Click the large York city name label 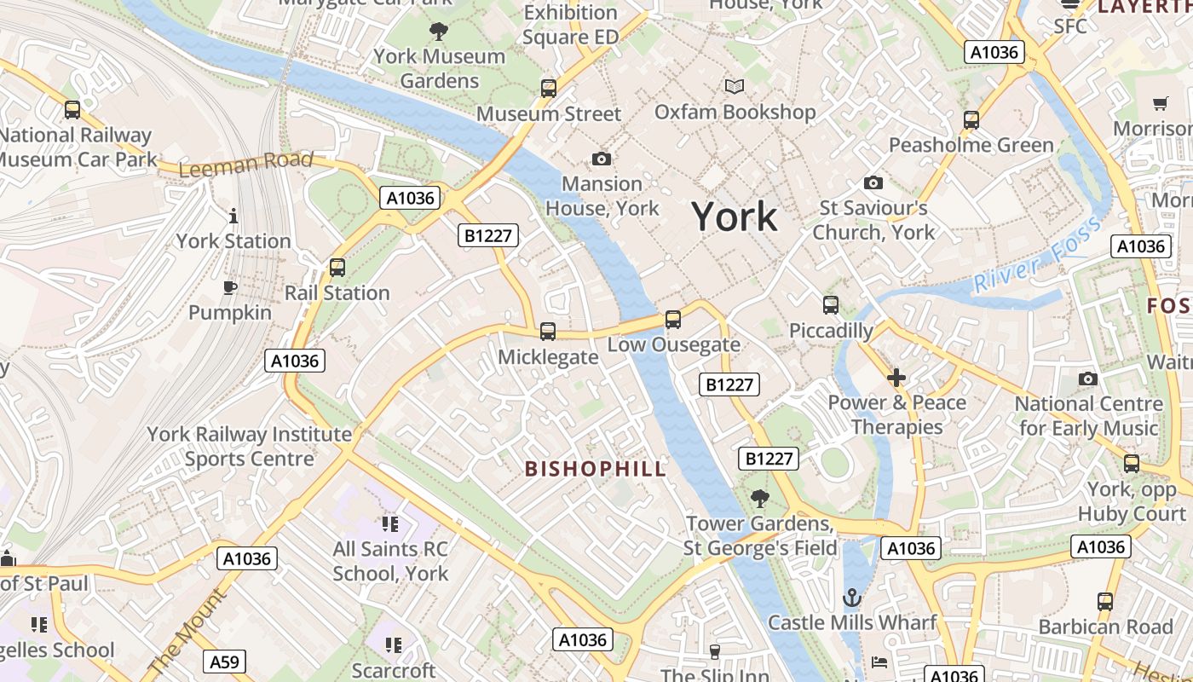[x=734, y=217]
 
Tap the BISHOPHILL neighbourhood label [x=596, y=469]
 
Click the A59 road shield [x=225, y=662]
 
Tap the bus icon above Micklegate [x=548, y=331]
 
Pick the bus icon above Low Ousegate [x=673, y=320]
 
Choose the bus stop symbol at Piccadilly [x=831, y=304]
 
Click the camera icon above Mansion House [x=602, y=159]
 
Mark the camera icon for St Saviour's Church [x=873, y=182]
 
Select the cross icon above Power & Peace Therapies [x=896, y=377]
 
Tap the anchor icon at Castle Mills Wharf [x=852, y=598]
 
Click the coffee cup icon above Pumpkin [x=229, y=287]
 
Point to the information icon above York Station [x=233, y=216]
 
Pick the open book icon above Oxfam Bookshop [x=734, y=86]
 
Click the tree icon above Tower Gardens [x=759, y=498]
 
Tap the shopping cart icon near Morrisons [x=1160, y=103]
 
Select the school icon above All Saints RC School [x=390, y=523]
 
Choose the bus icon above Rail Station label [x=337, y=268]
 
